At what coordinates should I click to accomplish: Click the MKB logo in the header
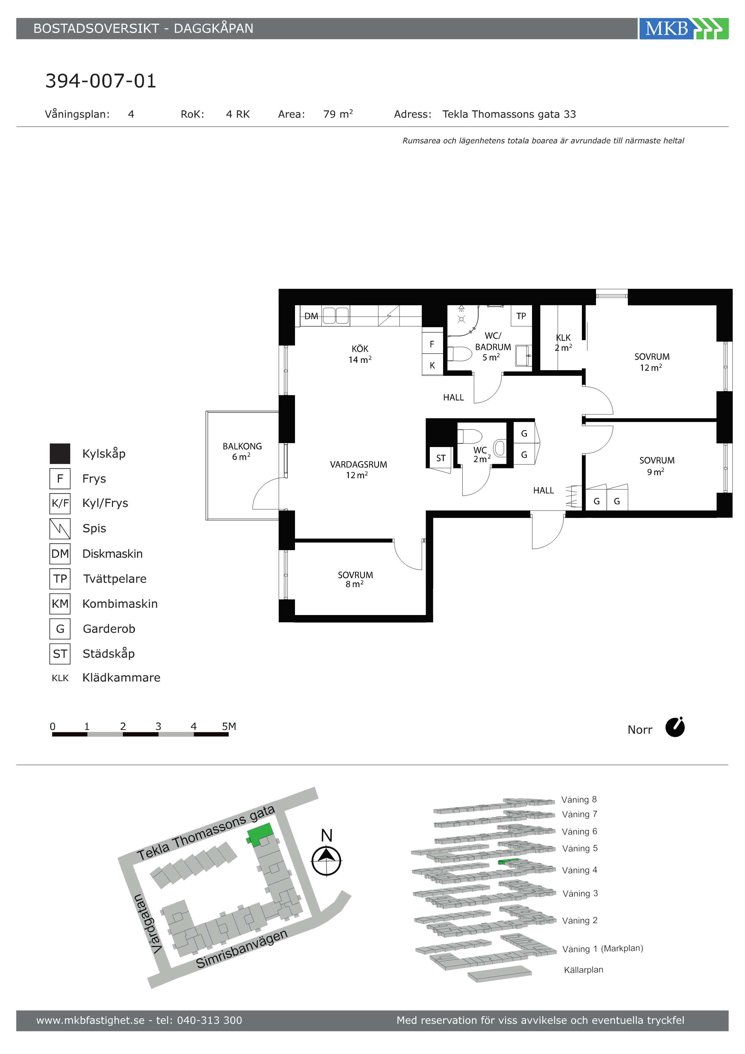(x=683, y=29)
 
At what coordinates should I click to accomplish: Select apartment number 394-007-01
(x=101, y=81)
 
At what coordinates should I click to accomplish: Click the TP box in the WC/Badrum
(x=521, y=316)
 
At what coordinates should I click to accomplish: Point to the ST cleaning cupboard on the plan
(x=441, y=458)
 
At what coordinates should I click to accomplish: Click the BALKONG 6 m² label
(x=242, y=451)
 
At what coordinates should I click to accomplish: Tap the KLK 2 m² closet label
(x=563, y=343)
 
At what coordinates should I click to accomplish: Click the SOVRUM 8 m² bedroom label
(x=355, y=579)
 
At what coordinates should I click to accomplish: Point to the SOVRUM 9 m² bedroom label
(x=657, y=466)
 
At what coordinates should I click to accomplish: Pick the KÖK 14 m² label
(x=360, y=355)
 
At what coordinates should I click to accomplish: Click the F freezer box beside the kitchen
(x=432, y=344)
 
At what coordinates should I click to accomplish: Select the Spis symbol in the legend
(x=60, y=529)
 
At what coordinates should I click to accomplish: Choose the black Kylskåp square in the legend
(x=60, y=454)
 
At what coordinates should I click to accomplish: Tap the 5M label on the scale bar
(x=229, y=726)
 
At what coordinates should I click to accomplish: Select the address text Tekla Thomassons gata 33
(x=509, y=114)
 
